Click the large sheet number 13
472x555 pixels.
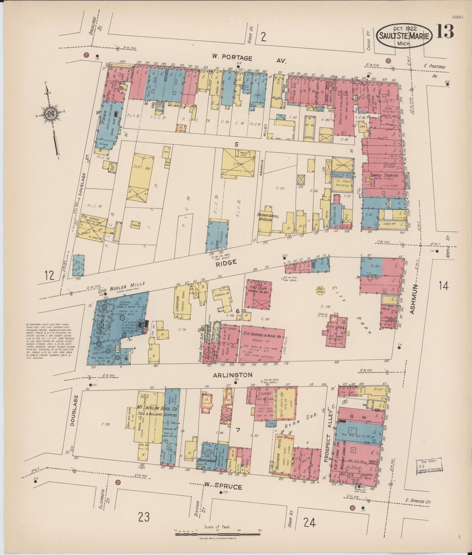click(445, 32)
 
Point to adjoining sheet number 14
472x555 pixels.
click(444, 286)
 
